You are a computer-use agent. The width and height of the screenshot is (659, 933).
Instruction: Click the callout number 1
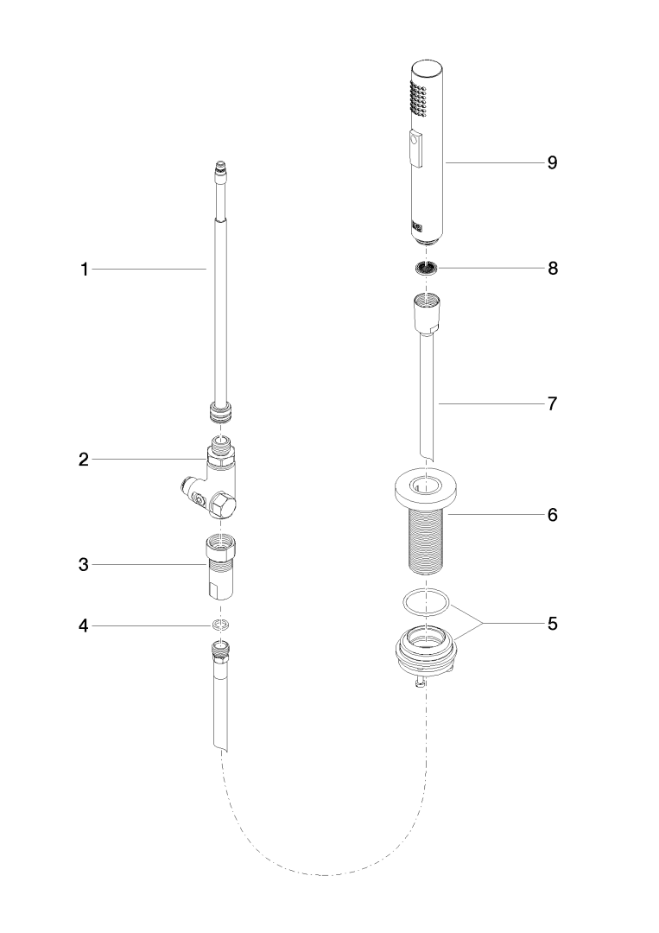[85, 270]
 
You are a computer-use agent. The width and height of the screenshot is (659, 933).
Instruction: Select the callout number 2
[84, 460]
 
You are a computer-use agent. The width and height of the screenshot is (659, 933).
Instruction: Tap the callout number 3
[84, 564]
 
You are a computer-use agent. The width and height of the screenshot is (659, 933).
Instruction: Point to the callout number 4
[84, 626]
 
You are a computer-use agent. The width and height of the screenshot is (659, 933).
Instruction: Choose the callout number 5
[553, 624]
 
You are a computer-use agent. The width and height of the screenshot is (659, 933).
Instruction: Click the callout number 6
[553, 515]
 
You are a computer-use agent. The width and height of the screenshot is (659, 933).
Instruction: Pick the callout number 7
[553, 403]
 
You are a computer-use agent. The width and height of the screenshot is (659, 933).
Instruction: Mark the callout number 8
[553, 269]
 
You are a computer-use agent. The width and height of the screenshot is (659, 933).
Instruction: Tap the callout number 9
[553, 162]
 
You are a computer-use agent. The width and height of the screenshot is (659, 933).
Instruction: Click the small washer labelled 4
[221, 625]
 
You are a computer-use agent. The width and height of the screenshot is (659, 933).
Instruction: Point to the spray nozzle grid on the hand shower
[419, 98]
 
